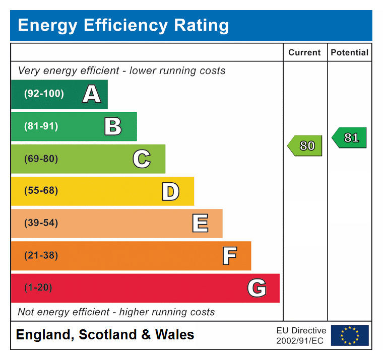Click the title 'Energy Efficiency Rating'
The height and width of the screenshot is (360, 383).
tap(123, 25)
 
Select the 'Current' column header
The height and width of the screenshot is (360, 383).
tap(304, 52)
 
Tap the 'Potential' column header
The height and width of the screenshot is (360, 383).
tap(349, 52)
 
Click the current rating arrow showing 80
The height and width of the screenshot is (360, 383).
tap(305, 146)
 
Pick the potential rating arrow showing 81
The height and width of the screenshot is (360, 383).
tap(350, 137)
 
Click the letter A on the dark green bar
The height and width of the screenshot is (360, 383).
tap(91, 94)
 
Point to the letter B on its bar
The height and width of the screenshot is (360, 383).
tap(113, 126)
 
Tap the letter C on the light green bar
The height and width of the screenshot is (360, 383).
tap(142, 159)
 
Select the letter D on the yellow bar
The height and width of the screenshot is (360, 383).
tap(170, 191)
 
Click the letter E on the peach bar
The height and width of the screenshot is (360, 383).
tap(200, 224)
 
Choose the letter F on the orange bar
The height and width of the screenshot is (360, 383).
tap(229, 256)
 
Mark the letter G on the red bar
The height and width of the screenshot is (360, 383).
tap(257, 288)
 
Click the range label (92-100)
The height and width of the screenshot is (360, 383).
tap(44, 94)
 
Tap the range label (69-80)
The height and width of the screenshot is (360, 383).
tap(41, 159)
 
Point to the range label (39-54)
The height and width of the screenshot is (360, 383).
tap(41, 224)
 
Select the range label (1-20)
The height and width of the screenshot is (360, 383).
tap(38, 288)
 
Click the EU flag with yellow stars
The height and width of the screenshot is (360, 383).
tap(350, 335)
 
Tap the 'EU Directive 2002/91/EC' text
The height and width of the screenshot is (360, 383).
tap(301, 336)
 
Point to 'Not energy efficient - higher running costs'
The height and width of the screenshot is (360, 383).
tap(116, 312)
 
